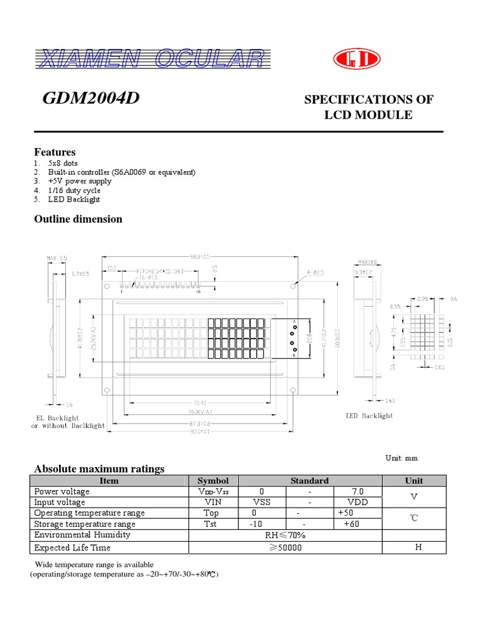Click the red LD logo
pyautogui.click(x=356, y=59)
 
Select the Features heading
pyautogui.click(x=55, y=152)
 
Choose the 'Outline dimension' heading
pyautogui.click(x=78, y=219)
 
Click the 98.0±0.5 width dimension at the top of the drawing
pyautogui.click(x=197, y=256)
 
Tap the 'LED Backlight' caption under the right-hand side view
pyautogui.click(x=369, y=416)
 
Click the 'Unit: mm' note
pyautogui.click(x=401, y=458)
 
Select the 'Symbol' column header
pyautogui.click(x=213, y=481)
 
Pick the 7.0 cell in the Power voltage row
pyautogui.click(x=357, y=491)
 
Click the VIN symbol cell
pyautogui.click(x=213, y=502)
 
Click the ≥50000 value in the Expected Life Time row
pyautogui.click(x=286, y=547)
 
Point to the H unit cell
pyautogui.click(x=418, y=547)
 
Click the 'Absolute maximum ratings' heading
pyautogui.click(x=99, y=469)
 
